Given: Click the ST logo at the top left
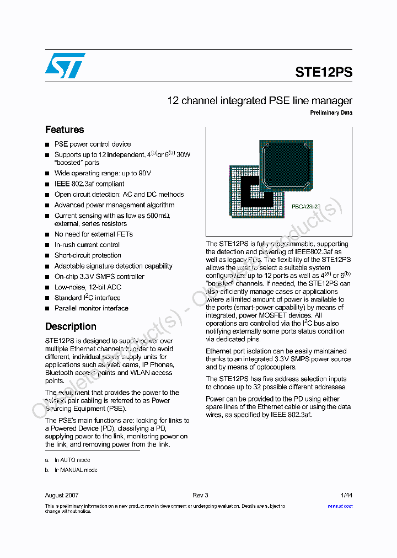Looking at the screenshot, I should click(x=65, y=66).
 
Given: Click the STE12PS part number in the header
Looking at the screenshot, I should click(x=324, y=72).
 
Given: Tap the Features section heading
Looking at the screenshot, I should click(x=65, y=130).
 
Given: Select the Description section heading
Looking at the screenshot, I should click(x=71, y=326).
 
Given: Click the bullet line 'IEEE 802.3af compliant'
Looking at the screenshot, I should click(x=89, y=184).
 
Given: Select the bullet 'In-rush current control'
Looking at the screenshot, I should click(x=87, y=245).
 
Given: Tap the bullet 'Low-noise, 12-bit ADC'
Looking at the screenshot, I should click(x=88, y=287).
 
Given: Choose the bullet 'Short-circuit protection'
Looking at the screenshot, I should click(x=88, y=255).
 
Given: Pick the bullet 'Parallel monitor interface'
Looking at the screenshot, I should click(x=92, y=308).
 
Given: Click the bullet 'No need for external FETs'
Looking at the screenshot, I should click(x=94, y=234).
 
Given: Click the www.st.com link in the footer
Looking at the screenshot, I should click(x=340, y=506).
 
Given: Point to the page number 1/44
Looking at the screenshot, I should click(x=346, y=495).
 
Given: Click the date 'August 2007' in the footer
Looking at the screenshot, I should click(x=62, y=495).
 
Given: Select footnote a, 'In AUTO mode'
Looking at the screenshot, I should click(x=72, y=460).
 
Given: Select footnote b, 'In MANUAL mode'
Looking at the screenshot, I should click(x=76, y=470).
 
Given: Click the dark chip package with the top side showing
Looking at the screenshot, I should click(x=287, y=166).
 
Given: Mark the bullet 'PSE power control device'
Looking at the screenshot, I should click(x=93, y=144).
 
